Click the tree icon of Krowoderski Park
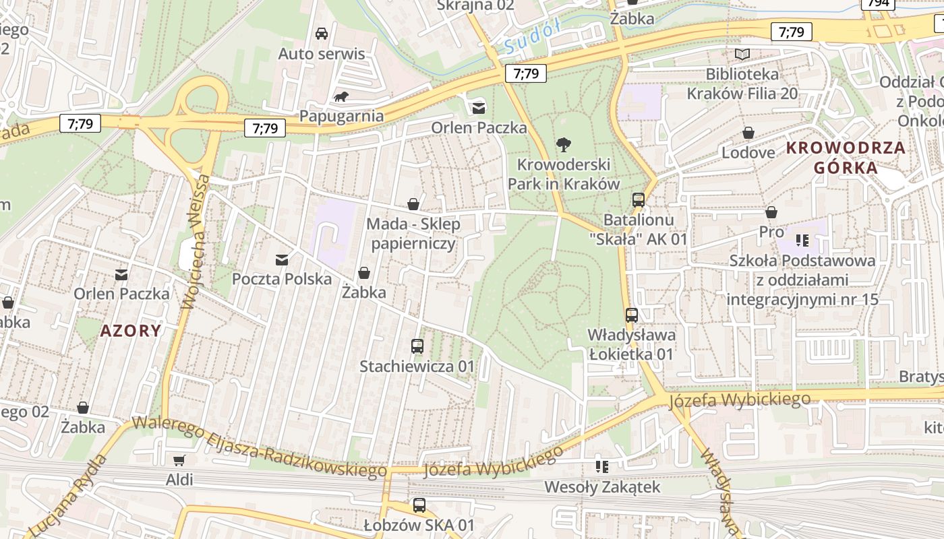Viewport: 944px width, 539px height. point(563,144)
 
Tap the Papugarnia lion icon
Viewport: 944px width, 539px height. point(342,97)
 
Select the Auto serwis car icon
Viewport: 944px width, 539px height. point(322,34)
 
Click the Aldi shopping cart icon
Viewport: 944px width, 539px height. point(179,461)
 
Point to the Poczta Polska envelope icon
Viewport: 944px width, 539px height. point(282,259)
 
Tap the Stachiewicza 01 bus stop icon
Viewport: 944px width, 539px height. point(417,346)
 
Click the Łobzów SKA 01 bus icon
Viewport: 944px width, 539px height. point(419,505)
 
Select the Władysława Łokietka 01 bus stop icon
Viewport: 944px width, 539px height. point(631,315)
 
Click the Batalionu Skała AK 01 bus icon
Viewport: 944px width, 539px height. point(638,200)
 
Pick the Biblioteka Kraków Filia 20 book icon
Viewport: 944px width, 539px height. point(742,54)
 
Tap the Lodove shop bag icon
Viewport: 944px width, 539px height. point(748,133)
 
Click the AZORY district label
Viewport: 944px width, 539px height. point(131,331)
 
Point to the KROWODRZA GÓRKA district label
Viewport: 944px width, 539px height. point(846,158)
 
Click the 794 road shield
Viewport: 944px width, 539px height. point(878,3)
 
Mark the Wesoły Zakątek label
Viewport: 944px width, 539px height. point(601,486)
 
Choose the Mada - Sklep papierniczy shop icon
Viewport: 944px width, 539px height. point(413,204)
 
